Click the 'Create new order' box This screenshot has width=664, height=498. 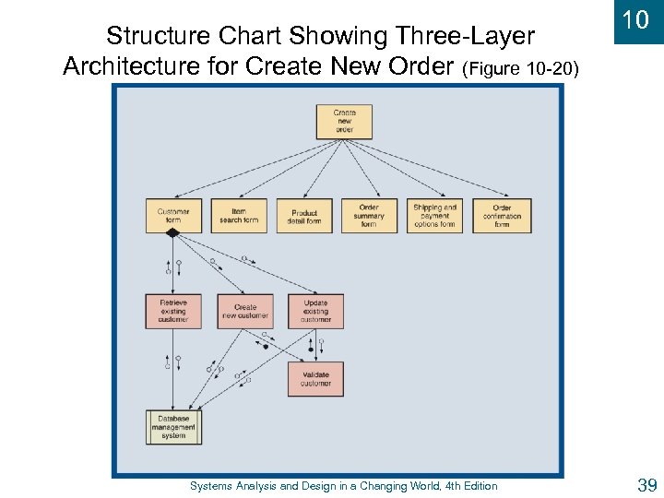(x=344, y=122)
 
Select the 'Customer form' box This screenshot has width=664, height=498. (x=172, y=216)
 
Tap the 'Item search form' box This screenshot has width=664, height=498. (x=239, y=216)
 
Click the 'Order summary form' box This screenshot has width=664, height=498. (x=369, y=216)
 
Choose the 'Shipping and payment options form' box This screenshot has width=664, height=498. (x=434, y=216)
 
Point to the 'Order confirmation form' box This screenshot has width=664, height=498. (x=502, y=216)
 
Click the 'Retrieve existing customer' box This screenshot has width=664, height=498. (x=172, y=312)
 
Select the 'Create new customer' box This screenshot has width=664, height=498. (x=245, y=312)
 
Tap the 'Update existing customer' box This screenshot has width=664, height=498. (x=315, y=312)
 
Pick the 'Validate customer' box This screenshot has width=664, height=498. (x=315, y=378)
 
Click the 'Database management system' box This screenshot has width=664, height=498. (x=173, y=427)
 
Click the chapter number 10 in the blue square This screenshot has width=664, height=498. (x=635, y=20)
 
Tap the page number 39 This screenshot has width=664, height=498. (x=646, y=485)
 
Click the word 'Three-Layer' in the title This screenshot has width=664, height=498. (x=467, y=36)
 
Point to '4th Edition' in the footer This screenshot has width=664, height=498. (x=468, y=486)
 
